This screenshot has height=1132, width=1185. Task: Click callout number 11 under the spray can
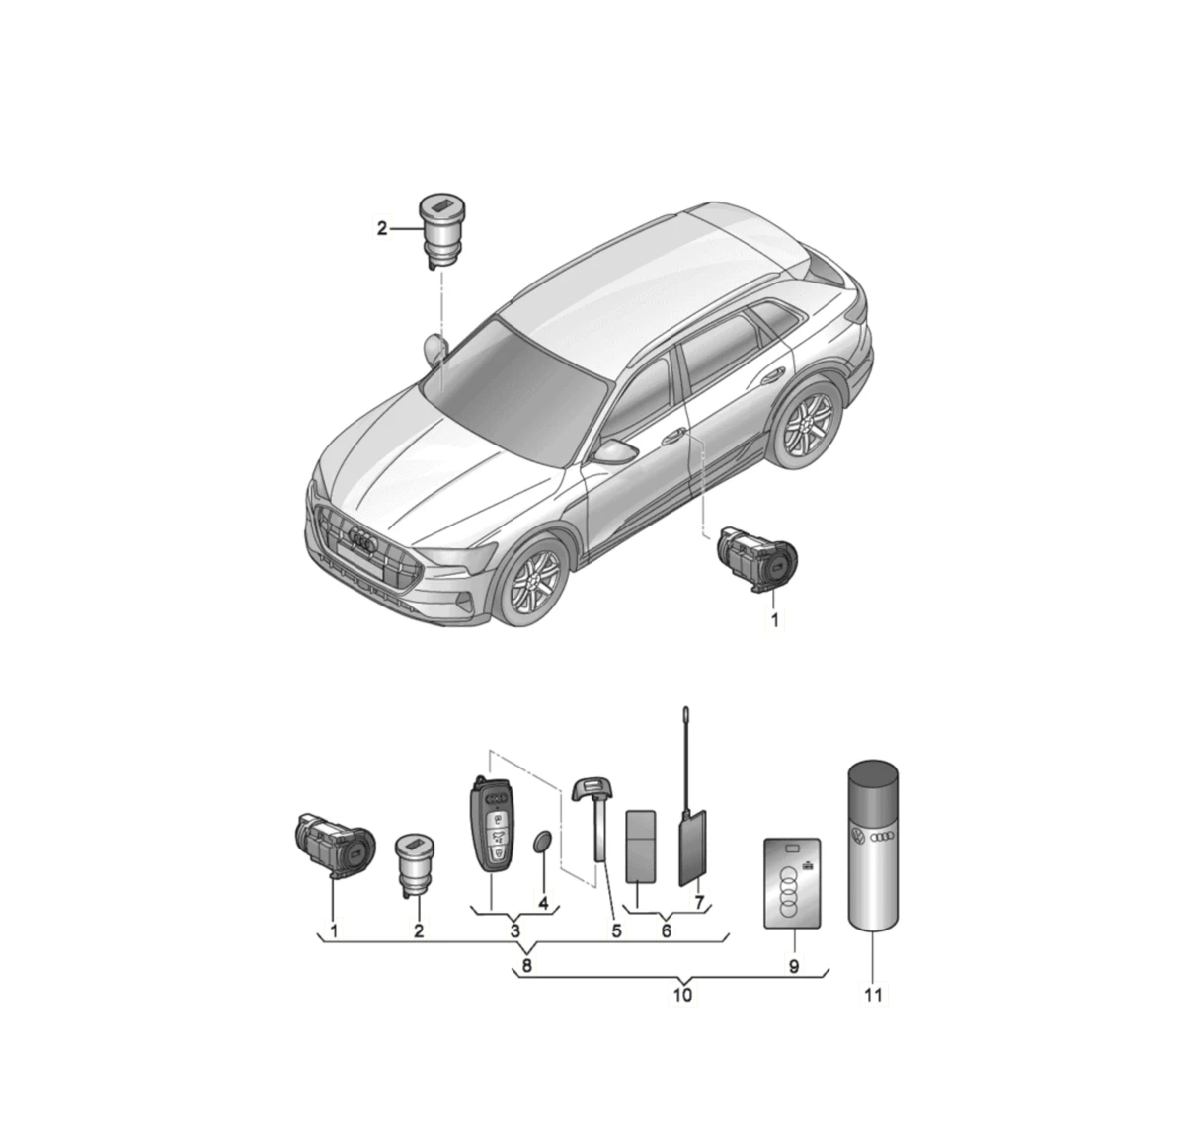(873, 995)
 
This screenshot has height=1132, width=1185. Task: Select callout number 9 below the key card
(793, 966)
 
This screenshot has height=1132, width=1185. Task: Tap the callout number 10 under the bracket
(682, 995)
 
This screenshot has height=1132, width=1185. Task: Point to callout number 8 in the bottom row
(526, 966)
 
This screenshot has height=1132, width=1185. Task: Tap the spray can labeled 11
(873, 845)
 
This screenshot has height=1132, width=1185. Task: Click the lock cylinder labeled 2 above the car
(438, 231)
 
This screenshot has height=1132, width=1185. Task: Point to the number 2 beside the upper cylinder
(382, 229)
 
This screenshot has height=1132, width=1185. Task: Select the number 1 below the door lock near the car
(774, 621)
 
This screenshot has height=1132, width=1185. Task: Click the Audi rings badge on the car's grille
(363, 538)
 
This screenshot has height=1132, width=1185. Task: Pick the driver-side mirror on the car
(615, 451)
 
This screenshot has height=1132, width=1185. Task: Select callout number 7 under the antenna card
(699, 902)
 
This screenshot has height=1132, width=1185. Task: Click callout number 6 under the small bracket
(666, 930)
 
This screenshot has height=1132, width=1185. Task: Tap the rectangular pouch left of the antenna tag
(641, 847)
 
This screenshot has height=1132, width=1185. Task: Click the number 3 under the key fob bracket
(515, 930)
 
